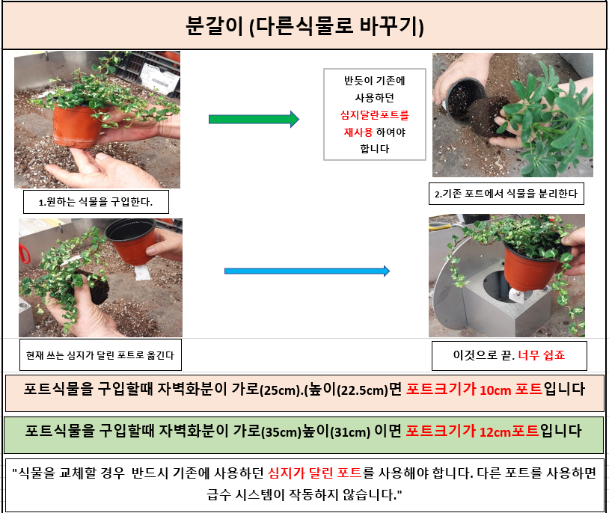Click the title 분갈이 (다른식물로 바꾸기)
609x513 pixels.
click(x=304, y=26)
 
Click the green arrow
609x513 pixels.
click(x=254, y=119)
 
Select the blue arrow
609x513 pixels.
click(x=307, y=271)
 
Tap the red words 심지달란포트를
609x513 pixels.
click(x=374, y=115)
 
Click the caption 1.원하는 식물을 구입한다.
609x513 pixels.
click(x=96, y=202)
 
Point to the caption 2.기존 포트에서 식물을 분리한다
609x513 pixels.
click(x=506, y=194)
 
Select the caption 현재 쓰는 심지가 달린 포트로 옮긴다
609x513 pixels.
click(x=100, y=355)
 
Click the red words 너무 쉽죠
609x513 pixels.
click(x=542, y=355)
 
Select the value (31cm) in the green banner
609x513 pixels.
click(x=350, y=431)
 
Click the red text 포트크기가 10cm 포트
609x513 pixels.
click(x=474, y=389)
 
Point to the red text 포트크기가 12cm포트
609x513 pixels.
click(x=472, y=431)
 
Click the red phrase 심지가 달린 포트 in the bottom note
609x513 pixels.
click(x=315, y=473)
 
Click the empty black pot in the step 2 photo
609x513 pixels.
click(x=465, y=96)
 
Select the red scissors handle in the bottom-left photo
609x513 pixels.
click(x=24, y=254)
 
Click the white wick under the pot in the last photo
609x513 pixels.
click(x=516, y=295)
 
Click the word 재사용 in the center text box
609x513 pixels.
click(x=358, y=132)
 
